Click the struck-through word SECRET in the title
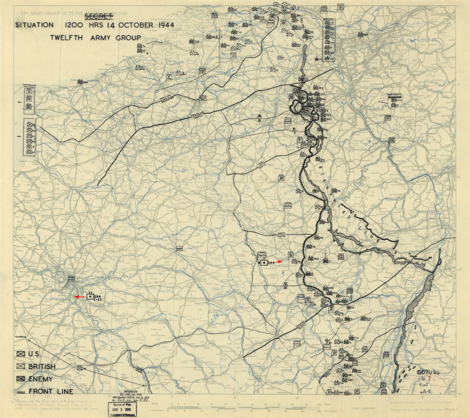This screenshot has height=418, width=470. (x=99, y=17)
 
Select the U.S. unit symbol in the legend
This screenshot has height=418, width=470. (x=21, y=354)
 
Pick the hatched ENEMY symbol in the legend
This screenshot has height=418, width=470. (x=21, y=379)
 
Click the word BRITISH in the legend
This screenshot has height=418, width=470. (x=42, y=367)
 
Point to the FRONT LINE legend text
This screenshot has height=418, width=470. (x=51, y=391)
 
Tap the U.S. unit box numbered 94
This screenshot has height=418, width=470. (x=80, y=368)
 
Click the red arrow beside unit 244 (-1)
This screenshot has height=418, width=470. (x=80, y=297)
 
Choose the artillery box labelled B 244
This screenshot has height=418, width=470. (x=264, y=263)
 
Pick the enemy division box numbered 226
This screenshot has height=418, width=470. (x=80, y=82)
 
